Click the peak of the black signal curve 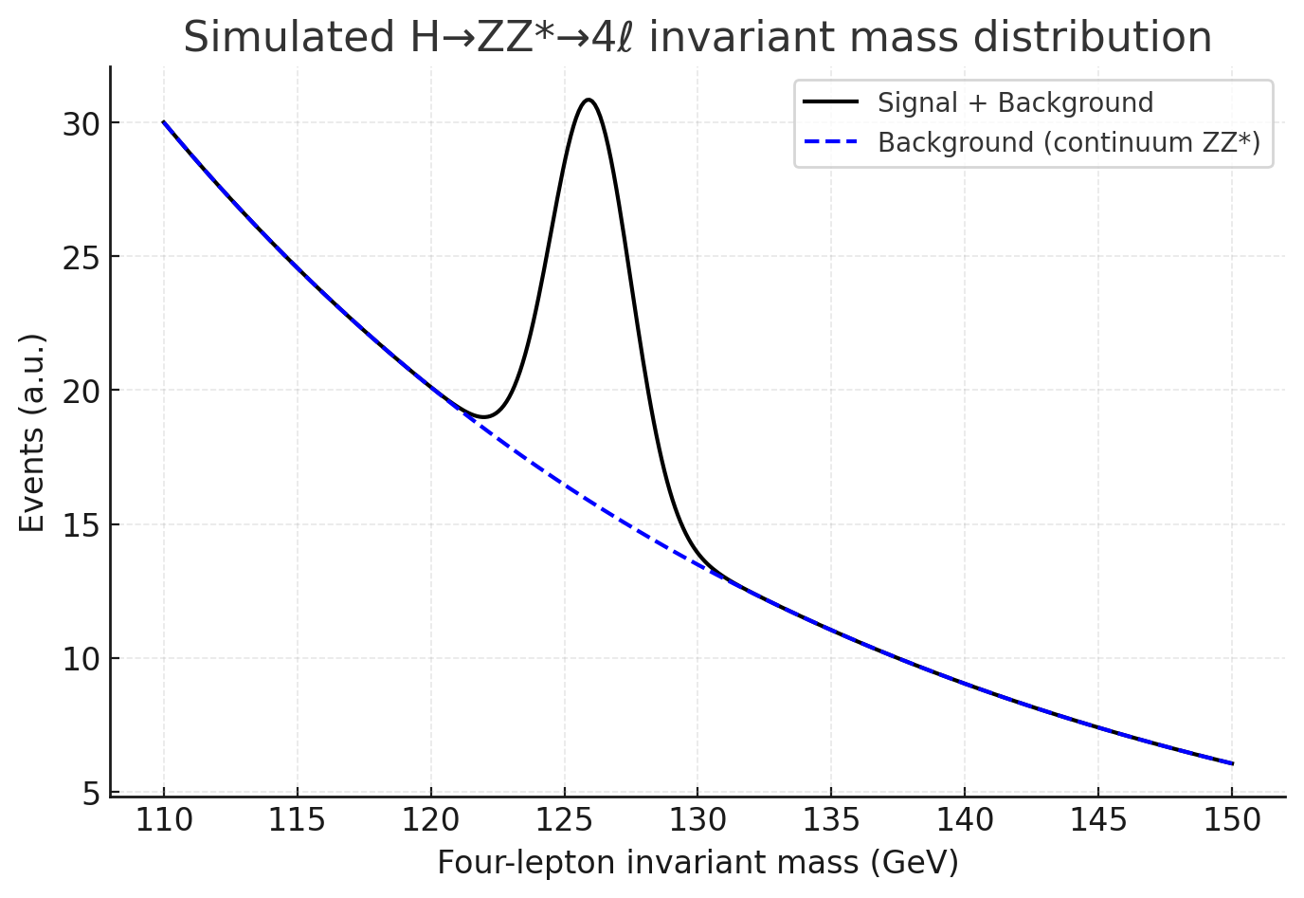[x=589, y=100]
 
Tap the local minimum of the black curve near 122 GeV [x=483, y=416]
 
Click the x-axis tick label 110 [x=163, y=820]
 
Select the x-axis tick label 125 [x=564, y=820]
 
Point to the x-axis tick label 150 [x=1232, y=820]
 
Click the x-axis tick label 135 [x=831, y=820]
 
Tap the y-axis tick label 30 [x=81, y=123]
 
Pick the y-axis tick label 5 [x=91, y=793]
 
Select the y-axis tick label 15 [x=81, y=525]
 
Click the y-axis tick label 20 [x=81, y=391]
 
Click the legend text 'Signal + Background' [x=1015, y=102]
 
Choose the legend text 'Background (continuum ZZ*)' [x=1069, y=142]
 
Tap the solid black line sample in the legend [x=830, y=102]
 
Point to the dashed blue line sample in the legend [x=830, y=142]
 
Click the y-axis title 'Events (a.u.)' [x=32, y=432]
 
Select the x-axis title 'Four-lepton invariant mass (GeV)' [x=697, y=863]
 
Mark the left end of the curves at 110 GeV [x=164, y=122]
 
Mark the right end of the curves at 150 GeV [x=1232, y=763]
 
